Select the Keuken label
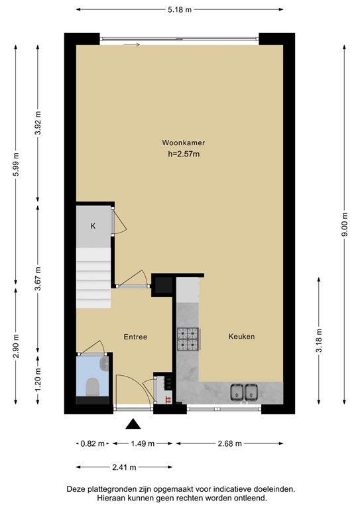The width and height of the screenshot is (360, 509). (x=241, y=337)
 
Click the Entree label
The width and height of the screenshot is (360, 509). (x=135, y=337)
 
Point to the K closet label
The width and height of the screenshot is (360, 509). (x=93, y=226)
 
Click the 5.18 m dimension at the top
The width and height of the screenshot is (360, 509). (x=180, y=9)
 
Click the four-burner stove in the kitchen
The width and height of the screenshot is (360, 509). (x=188, y=339)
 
